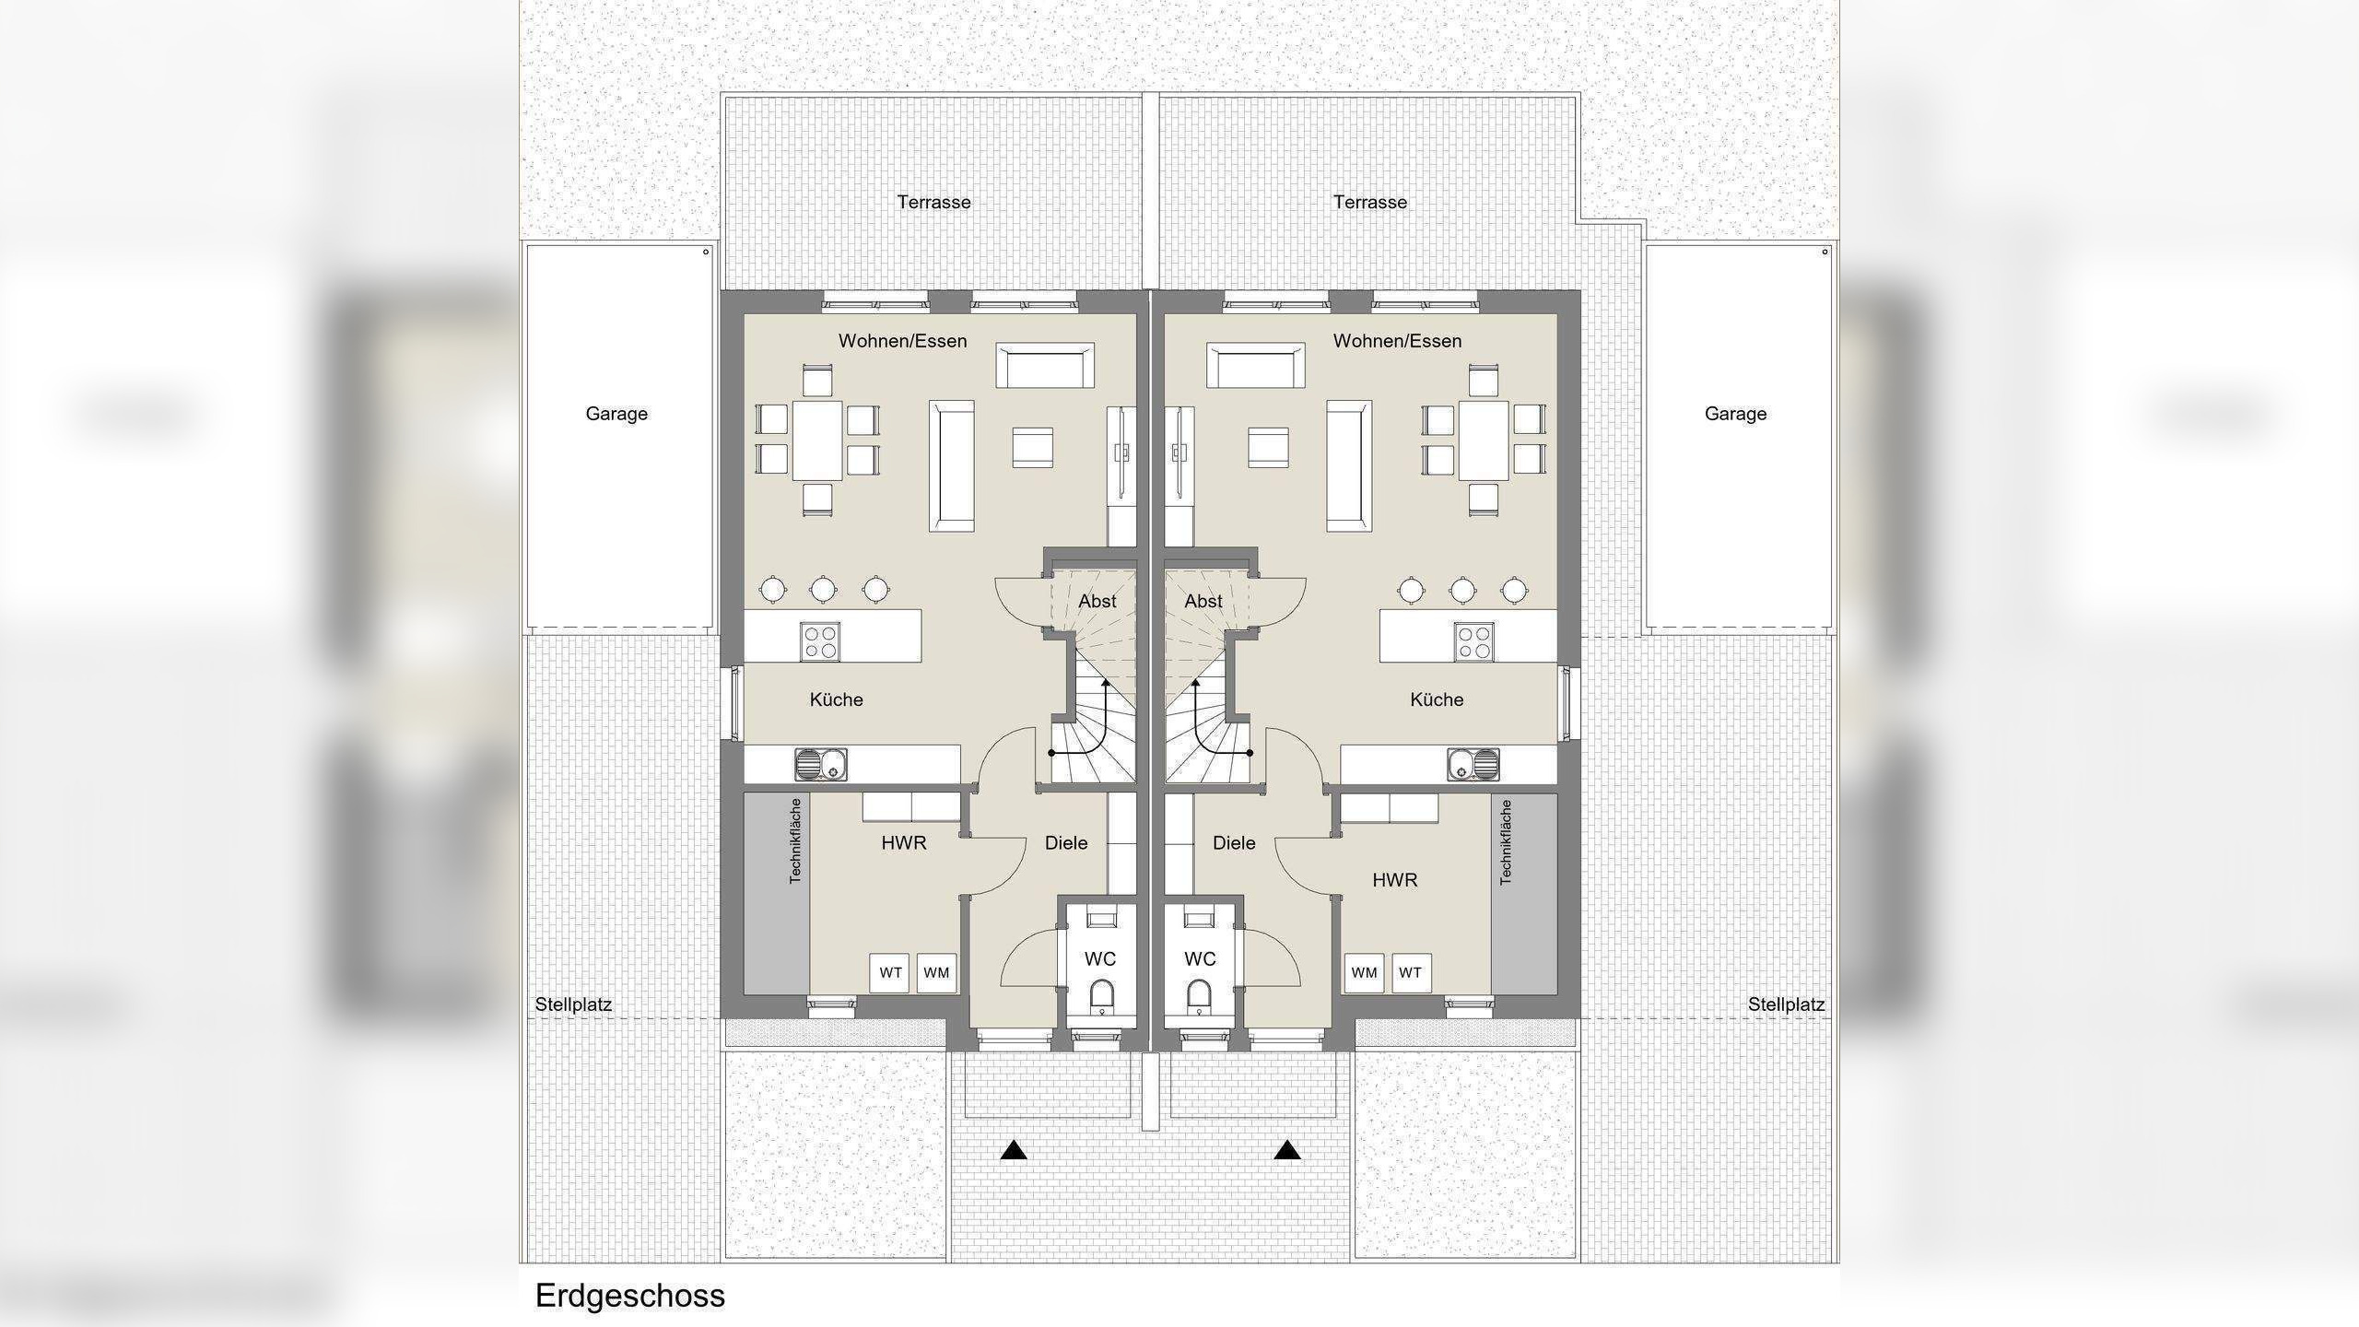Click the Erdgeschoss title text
coord(629,1296)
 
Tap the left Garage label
coord(616,414)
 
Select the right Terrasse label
coord(1369,202)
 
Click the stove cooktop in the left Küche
coord(819,641)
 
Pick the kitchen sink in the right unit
coord(1473,764)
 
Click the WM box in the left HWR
coord(936,972)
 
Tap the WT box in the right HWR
coord(1410,972)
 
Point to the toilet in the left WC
coord(1101,995)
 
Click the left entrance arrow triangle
coord(1014,1150)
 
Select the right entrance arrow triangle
coord(1287,1150)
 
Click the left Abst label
coord(1097,601)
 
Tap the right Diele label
coord(1234,842)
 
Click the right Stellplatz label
coord(1786,1004)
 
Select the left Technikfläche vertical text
coord(795,840)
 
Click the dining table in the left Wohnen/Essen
coord(817,440)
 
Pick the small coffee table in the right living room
coord(1268,448)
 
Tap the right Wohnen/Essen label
coord(1397,341)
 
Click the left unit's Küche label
coord(836,699)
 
